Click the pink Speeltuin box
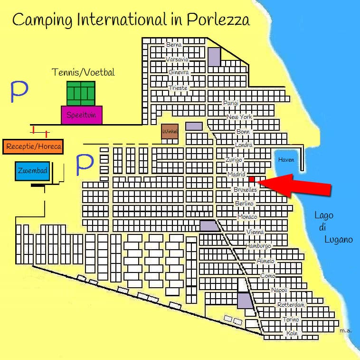click(82, 115)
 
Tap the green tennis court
click(81, 93)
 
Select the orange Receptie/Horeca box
click(34, 146)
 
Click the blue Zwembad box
click(32, 171)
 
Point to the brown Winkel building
click(170, 131)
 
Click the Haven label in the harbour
click(286, 160)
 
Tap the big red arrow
click(299, 185)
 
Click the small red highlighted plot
click(252, 179)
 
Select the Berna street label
click(173, 45)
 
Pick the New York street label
click(239, 117)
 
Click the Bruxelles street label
click(245, 189)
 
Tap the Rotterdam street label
click(291, 304)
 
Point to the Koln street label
click(292, 333)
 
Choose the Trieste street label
click(179, 88)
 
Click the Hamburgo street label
click(258, 246)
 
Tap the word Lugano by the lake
click(338, 240)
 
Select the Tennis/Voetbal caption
click(83, 72)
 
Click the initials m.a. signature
click(345, 330)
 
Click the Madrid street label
click(237, 175)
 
